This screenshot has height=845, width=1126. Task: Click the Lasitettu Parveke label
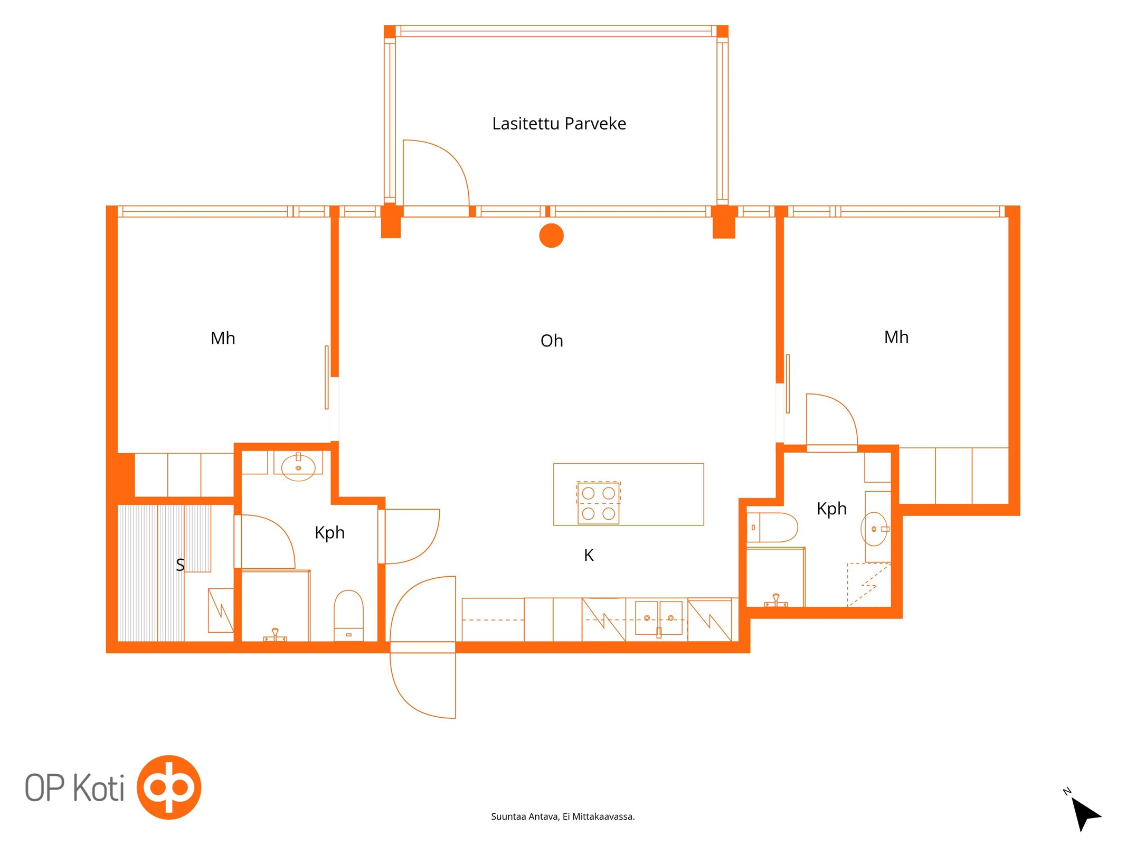coord(559,124)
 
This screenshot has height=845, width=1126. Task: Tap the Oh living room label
coord(552,341)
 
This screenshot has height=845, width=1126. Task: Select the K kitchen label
coord(589,555)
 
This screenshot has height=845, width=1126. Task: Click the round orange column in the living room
coord(552,236)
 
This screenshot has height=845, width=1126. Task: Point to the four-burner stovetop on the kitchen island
coord(598,503)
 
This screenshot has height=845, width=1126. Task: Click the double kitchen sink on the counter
coord(659,618)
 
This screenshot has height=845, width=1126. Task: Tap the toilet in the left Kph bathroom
coord(348,616)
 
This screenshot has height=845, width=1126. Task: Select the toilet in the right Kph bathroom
coord(772,527)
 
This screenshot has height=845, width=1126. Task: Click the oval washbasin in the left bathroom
coord(298,467)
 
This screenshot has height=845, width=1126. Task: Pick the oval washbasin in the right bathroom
coord(874,529)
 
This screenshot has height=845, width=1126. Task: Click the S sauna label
coord(180,565)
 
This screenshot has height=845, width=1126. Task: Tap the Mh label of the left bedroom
coord(223,339)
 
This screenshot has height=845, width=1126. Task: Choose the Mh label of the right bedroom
coord(896,337)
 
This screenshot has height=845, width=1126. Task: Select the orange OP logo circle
coord(169,787)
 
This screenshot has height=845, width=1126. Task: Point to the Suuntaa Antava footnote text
coord(563,816)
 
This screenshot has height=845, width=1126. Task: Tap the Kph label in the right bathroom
coord(831,509)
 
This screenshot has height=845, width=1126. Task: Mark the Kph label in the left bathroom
coord(329,533)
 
